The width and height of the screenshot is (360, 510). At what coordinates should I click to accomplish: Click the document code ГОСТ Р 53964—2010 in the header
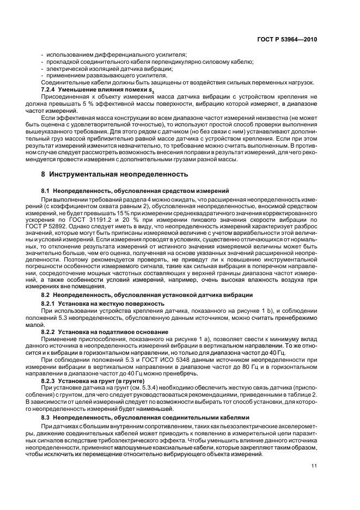(x=288, y=39)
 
